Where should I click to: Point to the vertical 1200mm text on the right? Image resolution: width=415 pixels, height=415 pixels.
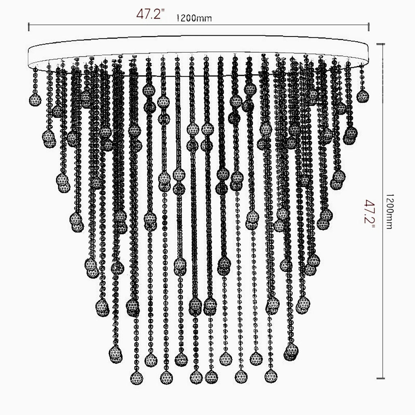(x=389, y=211)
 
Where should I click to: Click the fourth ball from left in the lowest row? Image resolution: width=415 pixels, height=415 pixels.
(x=211, y=377)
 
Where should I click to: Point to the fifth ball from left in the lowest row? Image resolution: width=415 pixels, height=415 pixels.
(x=242, y=376)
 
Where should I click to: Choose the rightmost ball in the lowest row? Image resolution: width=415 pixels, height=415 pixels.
(x=271, y=376)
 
